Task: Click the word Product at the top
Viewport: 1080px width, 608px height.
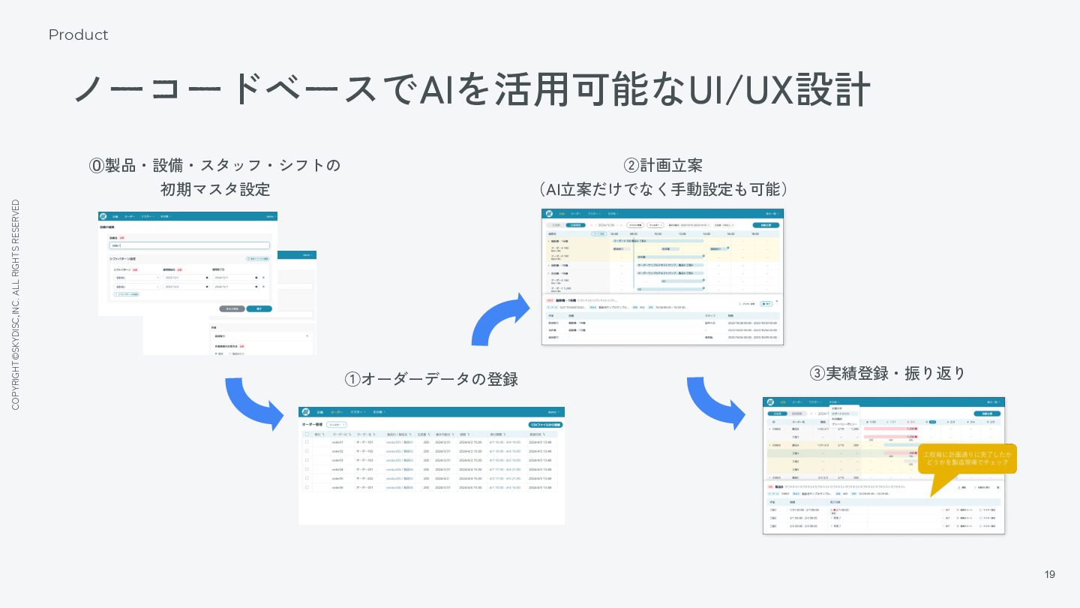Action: click(78, 35)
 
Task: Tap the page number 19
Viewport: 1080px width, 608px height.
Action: click(1049, 574)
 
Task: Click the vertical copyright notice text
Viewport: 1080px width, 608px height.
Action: click(16, 305)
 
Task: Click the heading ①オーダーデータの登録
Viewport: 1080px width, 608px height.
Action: click(431, 379)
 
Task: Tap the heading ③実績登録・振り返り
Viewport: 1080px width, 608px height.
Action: click(888, 373)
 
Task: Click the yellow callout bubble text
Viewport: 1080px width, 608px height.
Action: click(967, 458)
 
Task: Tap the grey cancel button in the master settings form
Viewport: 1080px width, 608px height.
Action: click(232, 309)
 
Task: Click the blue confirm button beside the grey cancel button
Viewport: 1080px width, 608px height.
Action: click(259, 309)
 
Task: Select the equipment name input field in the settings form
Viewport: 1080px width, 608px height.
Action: click(189, 245)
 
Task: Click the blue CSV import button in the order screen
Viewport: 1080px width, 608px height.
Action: click(545, 425)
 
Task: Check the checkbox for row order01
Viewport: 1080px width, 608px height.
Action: click(307, 442)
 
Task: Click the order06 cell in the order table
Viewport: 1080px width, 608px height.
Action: click(337, 487)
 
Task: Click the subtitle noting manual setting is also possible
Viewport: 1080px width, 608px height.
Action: click(663, 188)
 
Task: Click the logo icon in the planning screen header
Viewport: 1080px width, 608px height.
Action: click(550, 214)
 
